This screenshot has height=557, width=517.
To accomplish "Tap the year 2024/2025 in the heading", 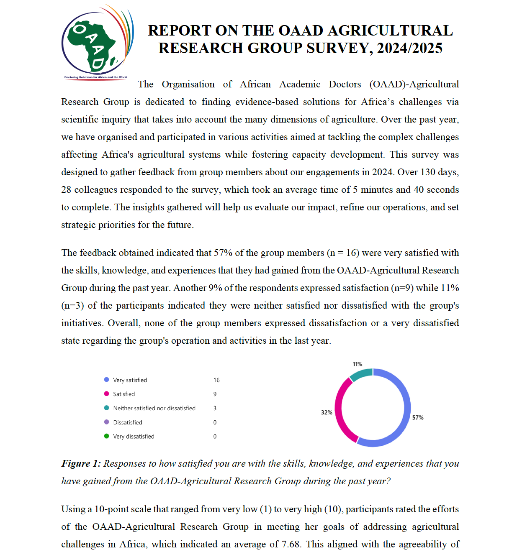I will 409,49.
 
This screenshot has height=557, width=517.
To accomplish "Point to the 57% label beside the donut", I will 417,418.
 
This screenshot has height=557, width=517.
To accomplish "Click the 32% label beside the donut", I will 327,412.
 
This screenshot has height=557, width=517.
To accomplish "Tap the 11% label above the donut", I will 357,364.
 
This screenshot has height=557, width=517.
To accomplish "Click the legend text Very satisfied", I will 130,380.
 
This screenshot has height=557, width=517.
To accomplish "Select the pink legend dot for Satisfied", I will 106,394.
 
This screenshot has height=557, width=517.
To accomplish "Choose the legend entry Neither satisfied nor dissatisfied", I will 154,408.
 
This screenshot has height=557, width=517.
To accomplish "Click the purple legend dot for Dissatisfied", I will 106,422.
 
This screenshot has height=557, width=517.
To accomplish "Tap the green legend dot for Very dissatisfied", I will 106,436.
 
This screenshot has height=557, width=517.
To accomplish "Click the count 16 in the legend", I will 216,380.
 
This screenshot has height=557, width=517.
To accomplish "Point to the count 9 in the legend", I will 215,394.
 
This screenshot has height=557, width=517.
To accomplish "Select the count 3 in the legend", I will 215,408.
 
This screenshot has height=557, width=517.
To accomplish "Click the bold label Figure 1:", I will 81,464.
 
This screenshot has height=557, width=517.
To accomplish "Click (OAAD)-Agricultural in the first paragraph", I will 414,84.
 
